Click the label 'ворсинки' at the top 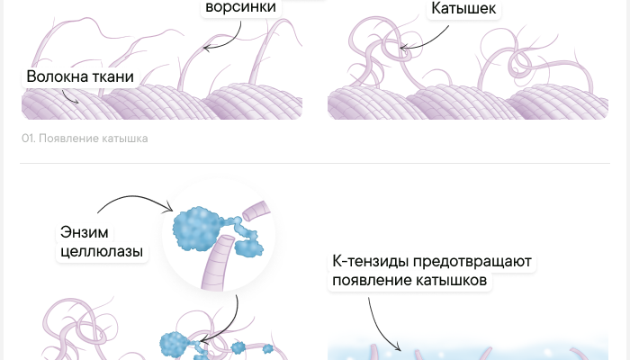(x=241, y=7)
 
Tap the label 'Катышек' (x=463, y=8)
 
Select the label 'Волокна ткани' (x=80, y=76)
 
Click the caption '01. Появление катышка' (x=85, y=139)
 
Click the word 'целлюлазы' (x=102, y=252)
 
